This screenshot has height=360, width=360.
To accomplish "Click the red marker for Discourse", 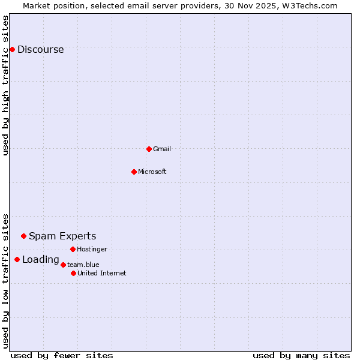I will pyautogui.click(x=12, y=49).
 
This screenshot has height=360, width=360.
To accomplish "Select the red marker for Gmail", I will pyautogui.click(x=149, y=149).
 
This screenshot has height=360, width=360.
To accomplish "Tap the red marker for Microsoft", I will pyautogui.click(x=134, y=172).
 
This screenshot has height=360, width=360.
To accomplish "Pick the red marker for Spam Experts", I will pyautogui.click(x=23, y=236).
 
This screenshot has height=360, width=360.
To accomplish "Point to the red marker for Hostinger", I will pyautogui.click(x=73, y=249).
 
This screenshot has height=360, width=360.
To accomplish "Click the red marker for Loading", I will pyautogui.click(x=17, y=259).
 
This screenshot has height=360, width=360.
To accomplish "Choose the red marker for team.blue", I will pyautogui.click(x=63, y=265).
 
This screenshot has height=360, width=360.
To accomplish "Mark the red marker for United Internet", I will pyautogui.click(x=73, y=273).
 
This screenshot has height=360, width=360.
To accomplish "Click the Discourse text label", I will pyautogui.click(x=40, y=50).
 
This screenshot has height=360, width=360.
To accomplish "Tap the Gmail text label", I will pyautogui.click(x=162, y=149).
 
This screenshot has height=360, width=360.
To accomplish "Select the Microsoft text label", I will pyautogui.click(x=152, y=172).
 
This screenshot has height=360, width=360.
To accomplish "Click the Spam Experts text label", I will pyautogui.click(x=62, y=236).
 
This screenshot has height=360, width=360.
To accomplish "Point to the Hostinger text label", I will pyautogui.click(x=92, y=249).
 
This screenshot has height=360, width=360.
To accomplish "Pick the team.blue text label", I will pyautogui.click(x=83, y=265).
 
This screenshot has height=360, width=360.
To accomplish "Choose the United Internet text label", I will pyautogui.click(x=102, y=274).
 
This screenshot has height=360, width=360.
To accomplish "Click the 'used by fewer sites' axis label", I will pyautogui.click(x=62, y=355).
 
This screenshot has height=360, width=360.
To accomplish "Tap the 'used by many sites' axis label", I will pyautogui.click(x=301, y=355).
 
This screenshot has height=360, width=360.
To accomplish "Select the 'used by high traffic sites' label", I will pyautogui.click(x=6, y=85).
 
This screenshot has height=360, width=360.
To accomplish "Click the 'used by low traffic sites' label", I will pyautogui.click(x=6, y=280).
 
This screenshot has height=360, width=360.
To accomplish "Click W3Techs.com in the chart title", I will pyautogui.click(x=310, y=5).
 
